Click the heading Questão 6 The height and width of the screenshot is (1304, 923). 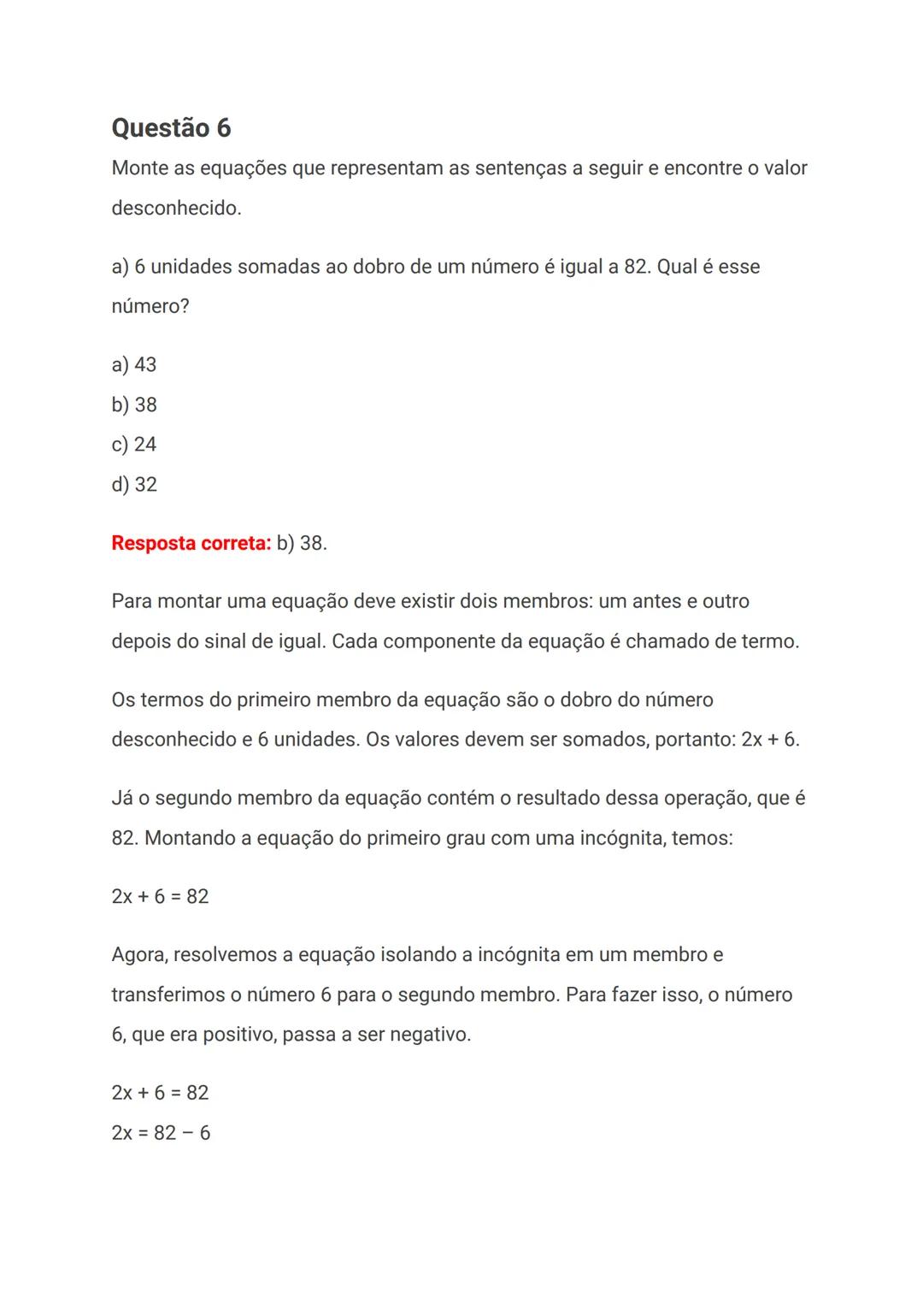(x=171, y=128)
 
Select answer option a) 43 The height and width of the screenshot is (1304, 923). (x=134, y=365)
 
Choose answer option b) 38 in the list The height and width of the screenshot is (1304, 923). (x=134, y=404)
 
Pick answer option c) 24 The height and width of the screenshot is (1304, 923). (x=134, y=445)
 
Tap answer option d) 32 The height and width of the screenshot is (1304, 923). (x=134, y=485)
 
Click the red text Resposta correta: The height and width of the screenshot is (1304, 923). (x=191, y=543)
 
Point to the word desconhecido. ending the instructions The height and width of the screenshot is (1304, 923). (x=176, y=208)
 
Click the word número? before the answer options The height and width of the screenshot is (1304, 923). (x=150, y=306)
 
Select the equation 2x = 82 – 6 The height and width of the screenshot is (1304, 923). (x=161, y=1133)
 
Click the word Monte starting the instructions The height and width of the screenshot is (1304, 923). (x=140, y=168)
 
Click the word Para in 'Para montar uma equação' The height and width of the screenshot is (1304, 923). (x=132, y=602)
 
